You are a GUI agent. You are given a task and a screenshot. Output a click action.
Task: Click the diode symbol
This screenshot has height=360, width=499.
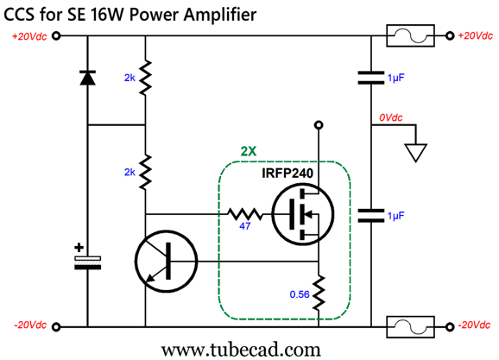87,78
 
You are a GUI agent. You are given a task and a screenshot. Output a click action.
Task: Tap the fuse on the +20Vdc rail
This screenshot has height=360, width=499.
411,36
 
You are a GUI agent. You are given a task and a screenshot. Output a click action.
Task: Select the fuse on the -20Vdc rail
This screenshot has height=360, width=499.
411,327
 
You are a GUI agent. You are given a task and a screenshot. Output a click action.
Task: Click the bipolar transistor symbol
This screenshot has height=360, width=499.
166,262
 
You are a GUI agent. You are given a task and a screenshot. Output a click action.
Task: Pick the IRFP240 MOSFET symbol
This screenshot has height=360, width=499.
303,214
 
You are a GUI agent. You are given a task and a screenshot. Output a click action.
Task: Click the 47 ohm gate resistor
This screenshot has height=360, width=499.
245,214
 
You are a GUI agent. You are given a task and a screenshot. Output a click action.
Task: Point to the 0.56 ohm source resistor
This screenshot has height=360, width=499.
319,293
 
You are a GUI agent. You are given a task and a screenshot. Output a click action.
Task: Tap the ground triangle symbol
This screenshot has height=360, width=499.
415,153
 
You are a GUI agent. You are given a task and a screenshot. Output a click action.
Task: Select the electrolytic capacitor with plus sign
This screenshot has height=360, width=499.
87,262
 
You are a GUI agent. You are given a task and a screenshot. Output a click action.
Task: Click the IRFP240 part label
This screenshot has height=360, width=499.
287,174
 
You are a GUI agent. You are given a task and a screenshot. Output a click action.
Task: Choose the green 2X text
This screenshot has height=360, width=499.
249,151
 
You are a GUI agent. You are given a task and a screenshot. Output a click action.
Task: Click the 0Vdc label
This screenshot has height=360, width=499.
390,117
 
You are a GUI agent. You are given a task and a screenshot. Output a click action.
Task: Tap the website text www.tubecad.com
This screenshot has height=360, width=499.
241,350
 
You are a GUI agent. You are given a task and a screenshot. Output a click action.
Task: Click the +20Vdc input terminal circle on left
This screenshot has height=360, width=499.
56,36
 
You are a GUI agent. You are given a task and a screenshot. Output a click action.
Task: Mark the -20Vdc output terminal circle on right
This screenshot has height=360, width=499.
450,327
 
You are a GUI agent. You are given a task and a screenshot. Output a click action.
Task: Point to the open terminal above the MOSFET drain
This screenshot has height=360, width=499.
319,125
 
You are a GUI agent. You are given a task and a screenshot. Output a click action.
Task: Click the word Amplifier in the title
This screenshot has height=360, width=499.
219,15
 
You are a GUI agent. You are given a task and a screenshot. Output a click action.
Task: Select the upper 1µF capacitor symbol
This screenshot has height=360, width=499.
371,78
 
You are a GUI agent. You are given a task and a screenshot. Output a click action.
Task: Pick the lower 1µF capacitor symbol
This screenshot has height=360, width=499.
371,216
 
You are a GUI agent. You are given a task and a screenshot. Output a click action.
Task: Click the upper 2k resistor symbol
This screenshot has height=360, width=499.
145,78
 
